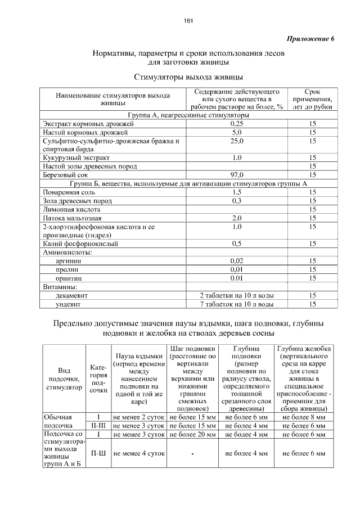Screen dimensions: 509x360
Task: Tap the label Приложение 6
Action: (x=310, y=39)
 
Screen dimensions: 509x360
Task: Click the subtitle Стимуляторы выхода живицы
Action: (x=188, y=76)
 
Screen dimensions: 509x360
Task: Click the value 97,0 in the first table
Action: (x=237, y=175)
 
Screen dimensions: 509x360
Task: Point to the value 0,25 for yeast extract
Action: (x=237, y=123)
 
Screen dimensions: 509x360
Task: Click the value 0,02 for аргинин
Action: (x=237, y=261)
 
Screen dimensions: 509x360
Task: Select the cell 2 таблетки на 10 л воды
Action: (x=237, y=295)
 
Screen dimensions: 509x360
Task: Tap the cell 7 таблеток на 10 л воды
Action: (x=237, y=304)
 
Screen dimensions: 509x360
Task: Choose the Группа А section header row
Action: (x=189, y=114)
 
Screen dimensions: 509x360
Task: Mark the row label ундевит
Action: (x=67, y=304)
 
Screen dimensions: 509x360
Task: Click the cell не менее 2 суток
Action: (x=138, y=418)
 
